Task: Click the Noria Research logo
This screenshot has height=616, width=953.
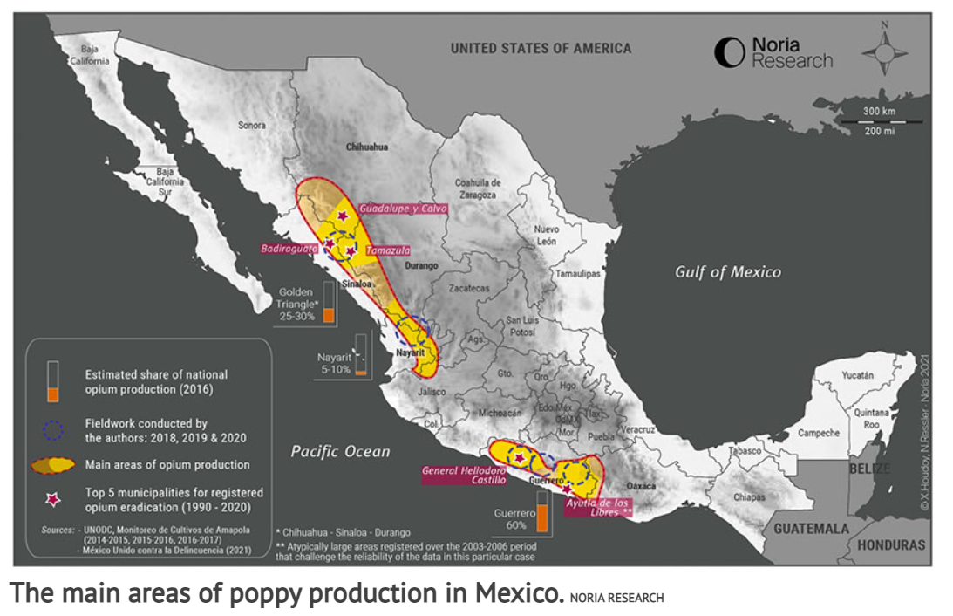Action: click(773, 52)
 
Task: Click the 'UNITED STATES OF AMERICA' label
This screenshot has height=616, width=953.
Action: click(541, 49)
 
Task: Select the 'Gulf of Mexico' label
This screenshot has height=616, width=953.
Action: click(728, 272)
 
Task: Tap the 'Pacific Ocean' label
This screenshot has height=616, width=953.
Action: click(340, 451)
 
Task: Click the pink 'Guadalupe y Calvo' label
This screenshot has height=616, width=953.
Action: click(403, 209)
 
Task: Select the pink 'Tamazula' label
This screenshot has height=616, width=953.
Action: click(387, 250)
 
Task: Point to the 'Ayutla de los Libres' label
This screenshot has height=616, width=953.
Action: click(597, 507)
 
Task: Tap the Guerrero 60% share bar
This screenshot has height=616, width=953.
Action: click(541, 512)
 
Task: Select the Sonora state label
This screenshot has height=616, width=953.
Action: click(252, 126)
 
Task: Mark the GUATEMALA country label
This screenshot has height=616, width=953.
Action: click(811, 529)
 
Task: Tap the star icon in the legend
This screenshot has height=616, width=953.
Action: click(54, 499)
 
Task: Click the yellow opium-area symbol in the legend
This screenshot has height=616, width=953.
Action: click(54, 465)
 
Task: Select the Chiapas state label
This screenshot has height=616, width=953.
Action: click(750, 496)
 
